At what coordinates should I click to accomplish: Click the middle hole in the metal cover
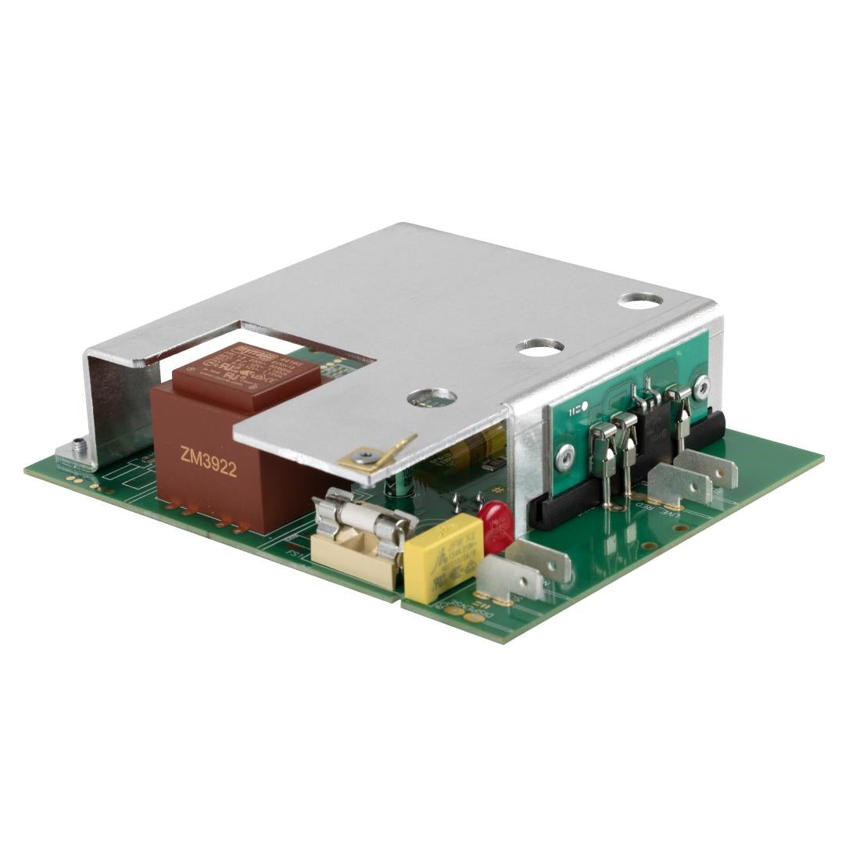tap(540, 346)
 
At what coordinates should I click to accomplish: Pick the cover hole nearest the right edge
tap(640, 299)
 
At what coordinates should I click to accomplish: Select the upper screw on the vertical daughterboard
tap(704, 384)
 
